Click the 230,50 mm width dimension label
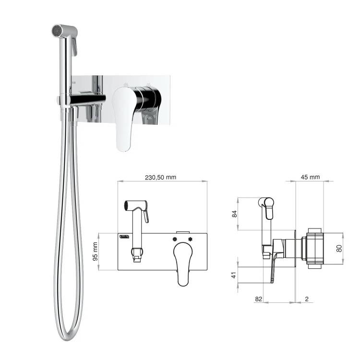160,177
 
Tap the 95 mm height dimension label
95,252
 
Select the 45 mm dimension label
310,177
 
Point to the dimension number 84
234,214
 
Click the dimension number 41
234,275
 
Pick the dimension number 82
259,299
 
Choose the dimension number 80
339,249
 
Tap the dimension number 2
307,299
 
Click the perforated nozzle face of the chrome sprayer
56,31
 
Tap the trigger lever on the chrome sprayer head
74,47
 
